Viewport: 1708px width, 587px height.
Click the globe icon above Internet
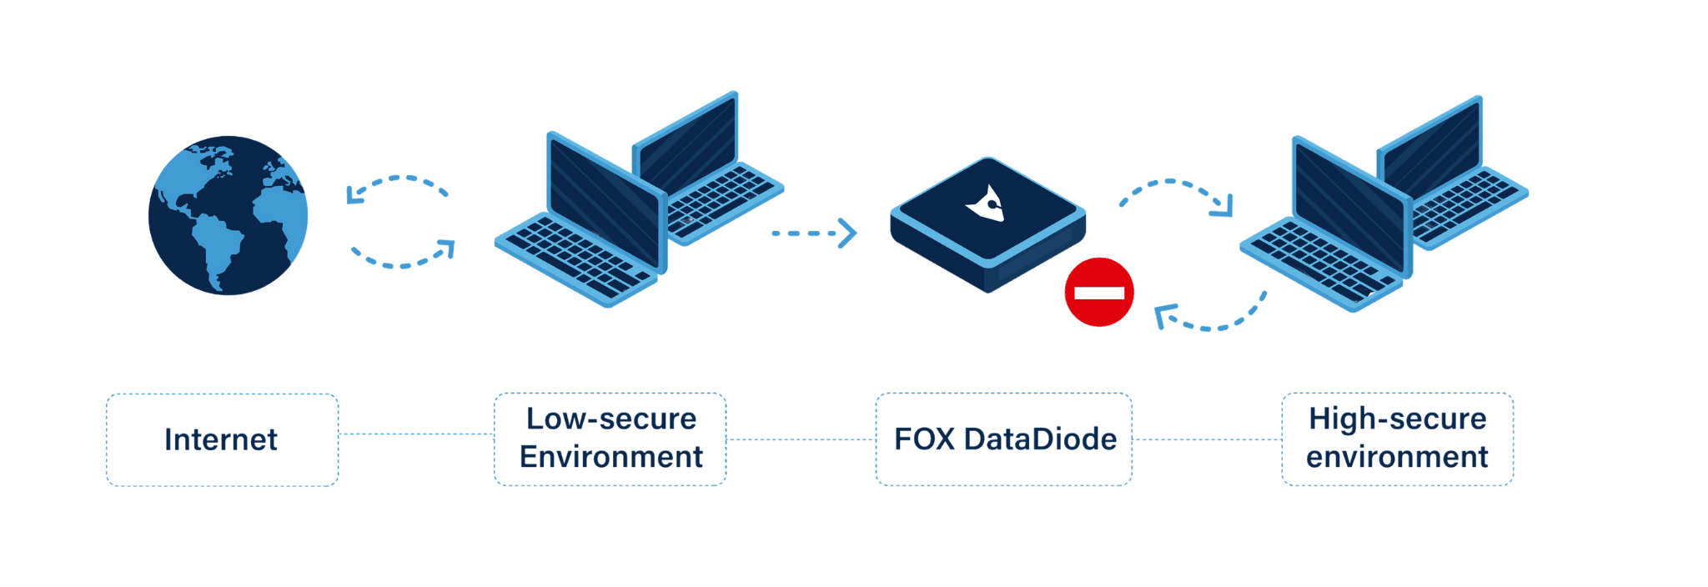click(228, 215)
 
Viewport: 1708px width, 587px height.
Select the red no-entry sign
click(1099, 292)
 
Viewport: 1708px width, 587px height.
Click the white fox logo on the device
click(987, 203)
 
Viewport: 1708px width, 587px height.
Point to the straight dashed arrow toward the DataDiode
click(813, 233)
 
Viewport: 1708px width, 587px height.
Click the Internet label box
click(222, 439)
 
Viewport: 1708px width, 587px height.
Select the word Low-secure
click(610, 419)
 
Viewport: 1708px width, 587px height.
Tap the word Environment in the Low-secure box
click(610, 457)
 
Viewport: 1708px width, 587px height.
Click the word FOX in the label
click(924, 439)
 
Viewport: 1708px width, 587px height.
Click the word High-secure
click(1397, 419)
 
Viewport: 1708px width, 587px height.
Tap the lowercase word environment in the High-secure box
click(1397, 457)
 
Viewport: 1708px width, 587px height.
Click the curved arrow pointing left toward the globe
click(396, 186)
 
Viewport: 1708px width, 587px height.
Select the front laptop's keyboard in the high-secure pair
click(1318, 258)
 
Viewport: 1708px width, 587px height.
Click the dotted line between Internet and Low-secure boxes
click(416, 434)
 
